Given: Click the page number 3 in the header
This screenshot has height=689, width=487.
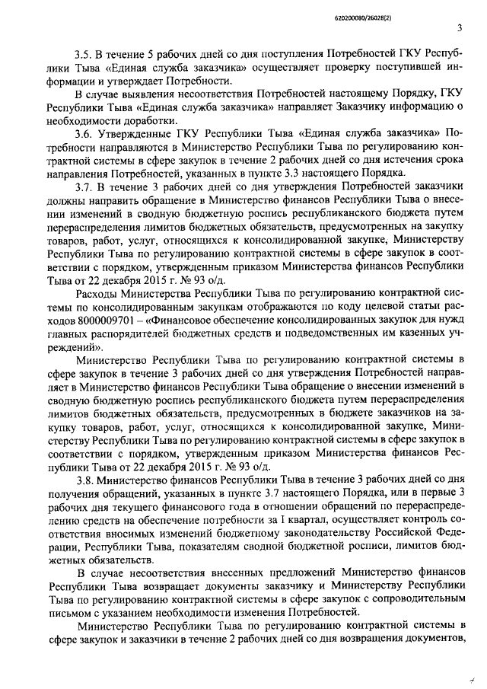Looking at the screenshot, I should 460,29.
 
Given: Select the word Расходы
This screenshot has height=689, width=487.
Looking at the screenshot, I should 97,292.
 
